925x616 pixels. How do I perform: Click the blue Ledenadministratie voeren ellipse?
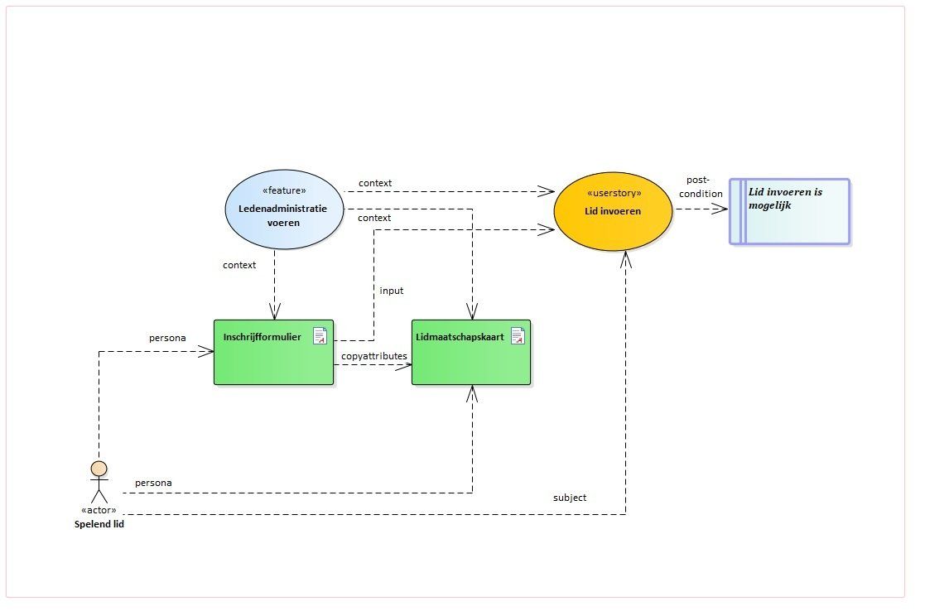(284, 209)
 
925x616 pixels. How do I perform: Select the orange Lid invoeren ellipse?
(613, 211)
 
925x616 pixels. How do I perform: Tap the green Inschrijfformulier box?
(274, 352)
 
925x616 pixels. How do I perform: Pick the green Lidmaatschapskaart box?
(471, 352)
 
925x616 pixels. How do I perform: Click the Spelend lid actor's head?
(99, 469)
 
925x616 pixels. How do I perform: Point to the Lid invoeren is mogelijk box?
(790, 211)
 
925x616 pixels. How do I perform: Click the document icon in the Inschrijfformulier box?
(320, 335)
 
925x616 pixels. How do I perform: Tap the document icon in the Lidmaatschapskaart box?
(518, 335)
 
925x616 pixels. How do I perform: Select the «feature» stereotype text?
(284, 190)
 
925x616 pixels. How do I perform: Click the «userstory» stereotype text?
(614, 193)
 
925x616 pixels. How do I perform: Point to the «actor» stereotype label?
(99, 510)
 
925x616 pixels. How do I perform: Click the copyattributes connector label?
(374, 356)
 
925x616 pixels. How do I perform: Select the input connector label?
(392, 291)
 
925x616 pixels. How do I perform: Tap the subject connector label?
(570, 498)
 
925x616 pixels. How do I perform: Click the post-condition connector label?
(701, 186)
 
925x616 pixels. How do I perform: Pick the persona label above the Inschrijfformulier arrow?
(167, 338)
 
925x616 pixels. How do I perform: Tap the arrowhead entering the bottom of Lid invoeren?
(626, 260)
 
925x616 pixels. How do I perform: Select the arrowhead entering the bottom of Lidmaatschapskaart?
(472, 393)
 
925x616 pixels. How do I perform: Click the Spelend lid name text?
(99, 524)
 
